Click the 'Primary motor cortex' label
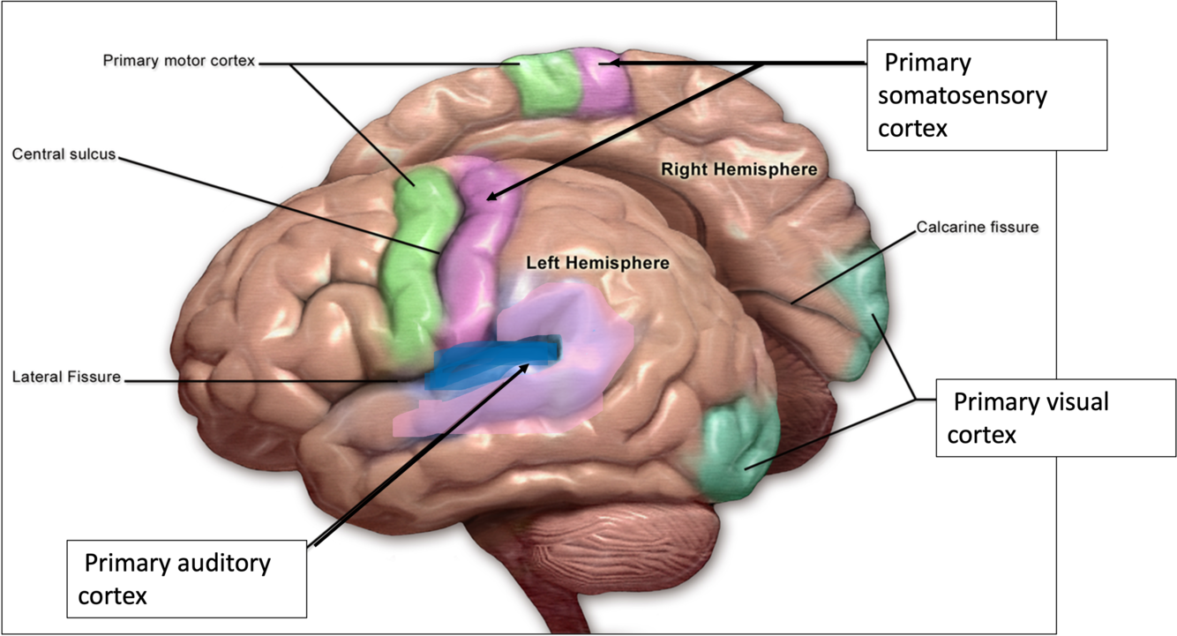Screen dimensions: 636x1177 pyautogui.click(x=178, y=62)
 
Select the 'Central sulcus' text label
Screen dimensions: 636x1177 pyautogui.click(x=64, y=154)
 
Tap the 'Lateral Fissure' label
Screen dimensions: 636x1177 pyautogui.click(x=66, y=378)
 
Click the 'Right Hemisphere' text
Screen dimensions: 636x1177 pyautogui.click(x=739, y=168)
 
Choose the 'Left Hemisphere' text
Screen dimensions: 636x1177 pyautogui.click(x=597, y=263)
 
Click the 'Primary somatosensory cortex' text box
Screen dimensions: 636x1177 pyautogui.click(x=986, y=95)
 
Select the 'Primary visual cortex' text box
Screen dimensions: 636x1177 pyautogui.click(x=1054, y=418)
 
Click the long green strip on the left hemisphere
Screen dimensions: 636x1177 pyautogui.click(x=412, y=265)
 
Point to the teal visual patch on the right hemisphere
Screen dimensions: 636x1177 pyautogui.click(x=860, y=309)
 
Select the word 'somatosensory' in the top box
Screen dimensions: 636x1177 pyautogui.click(x=962, y=95)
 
